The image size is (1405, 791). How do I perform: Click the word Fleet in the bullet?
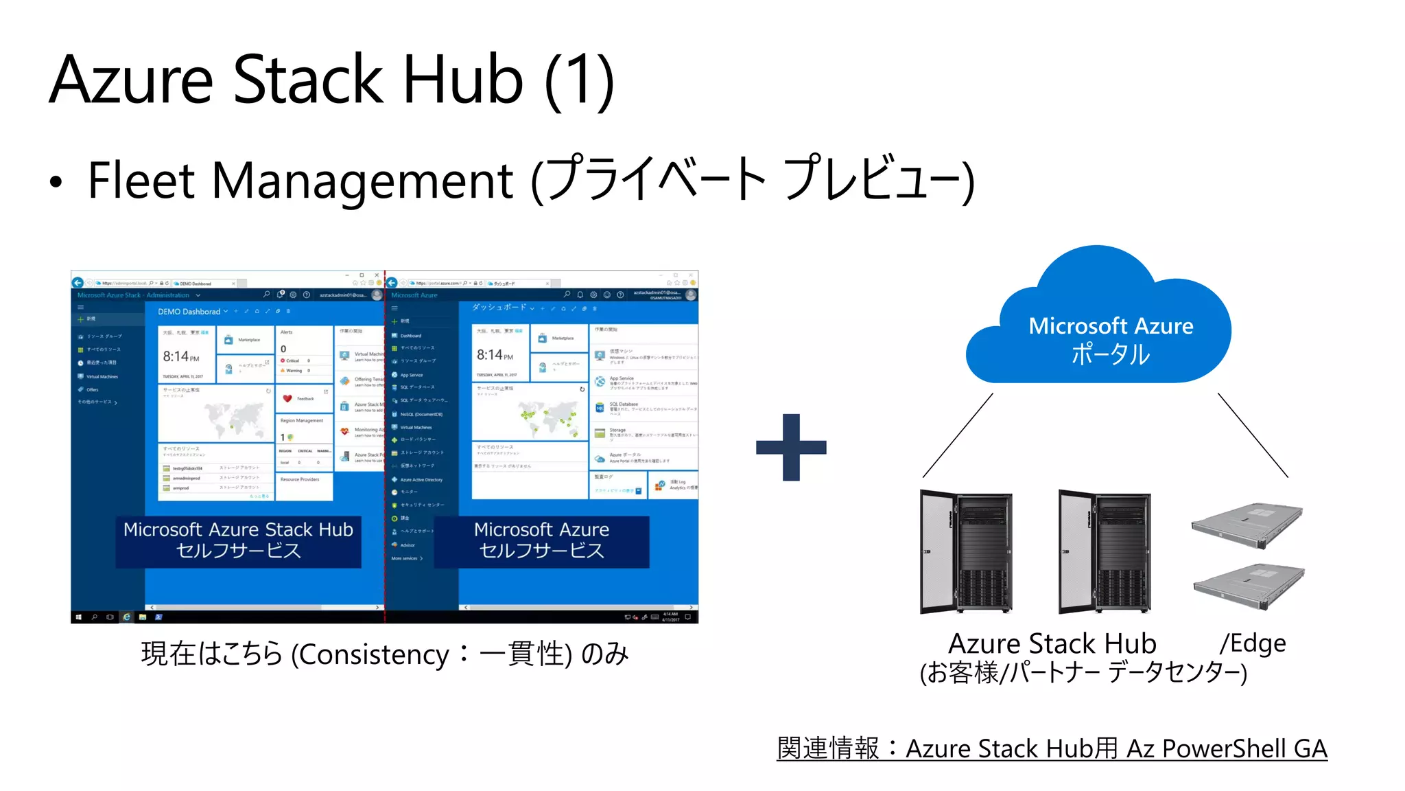[x=141, y=181]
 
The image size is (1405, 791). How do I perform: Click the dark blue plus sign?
[x=791, y=447]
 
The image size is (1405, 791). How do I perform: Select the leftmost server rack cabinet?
[x=966, y=551]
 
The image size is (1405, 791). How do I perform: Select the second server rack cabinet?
[x=1105, y=551]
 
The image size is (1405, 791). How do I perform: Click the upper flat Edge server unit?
[x=1247, y=525]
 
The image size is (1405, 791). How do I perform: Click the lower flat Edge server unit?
[x=1249, y=585]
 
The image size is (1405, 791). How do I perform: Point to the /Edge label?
[x=1253, y=643]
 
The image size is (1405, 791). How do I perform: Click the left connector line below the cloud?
[x=958, y=435]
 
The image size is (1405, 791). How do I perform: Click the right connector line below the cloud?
[x=1253, y=435]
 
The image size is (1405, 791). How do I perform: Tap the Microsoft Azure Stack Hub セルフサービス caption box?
[x=238, y=541]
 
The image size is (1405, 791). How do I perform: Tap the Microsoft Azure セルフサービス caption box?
[x=541, y=541]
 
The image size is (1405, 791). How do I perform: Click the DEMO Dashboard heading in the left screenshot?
[x=189, y=312]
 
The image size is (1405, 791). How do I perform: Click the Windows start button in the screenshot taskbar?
[x=78, y=617]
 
